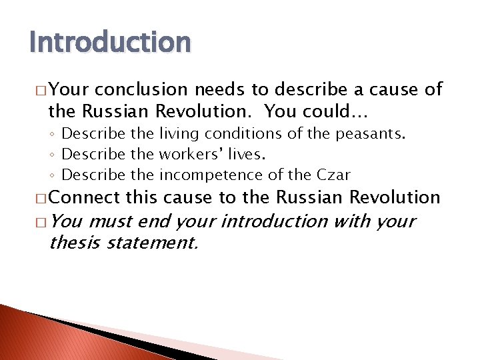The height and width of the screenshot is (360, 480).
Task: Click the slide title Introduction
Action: click(110, 42)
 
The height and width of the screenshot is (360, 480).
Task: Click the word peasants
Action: click(370, 134)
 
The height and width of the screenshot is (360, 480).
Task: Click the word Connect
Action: click(85, 197)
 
